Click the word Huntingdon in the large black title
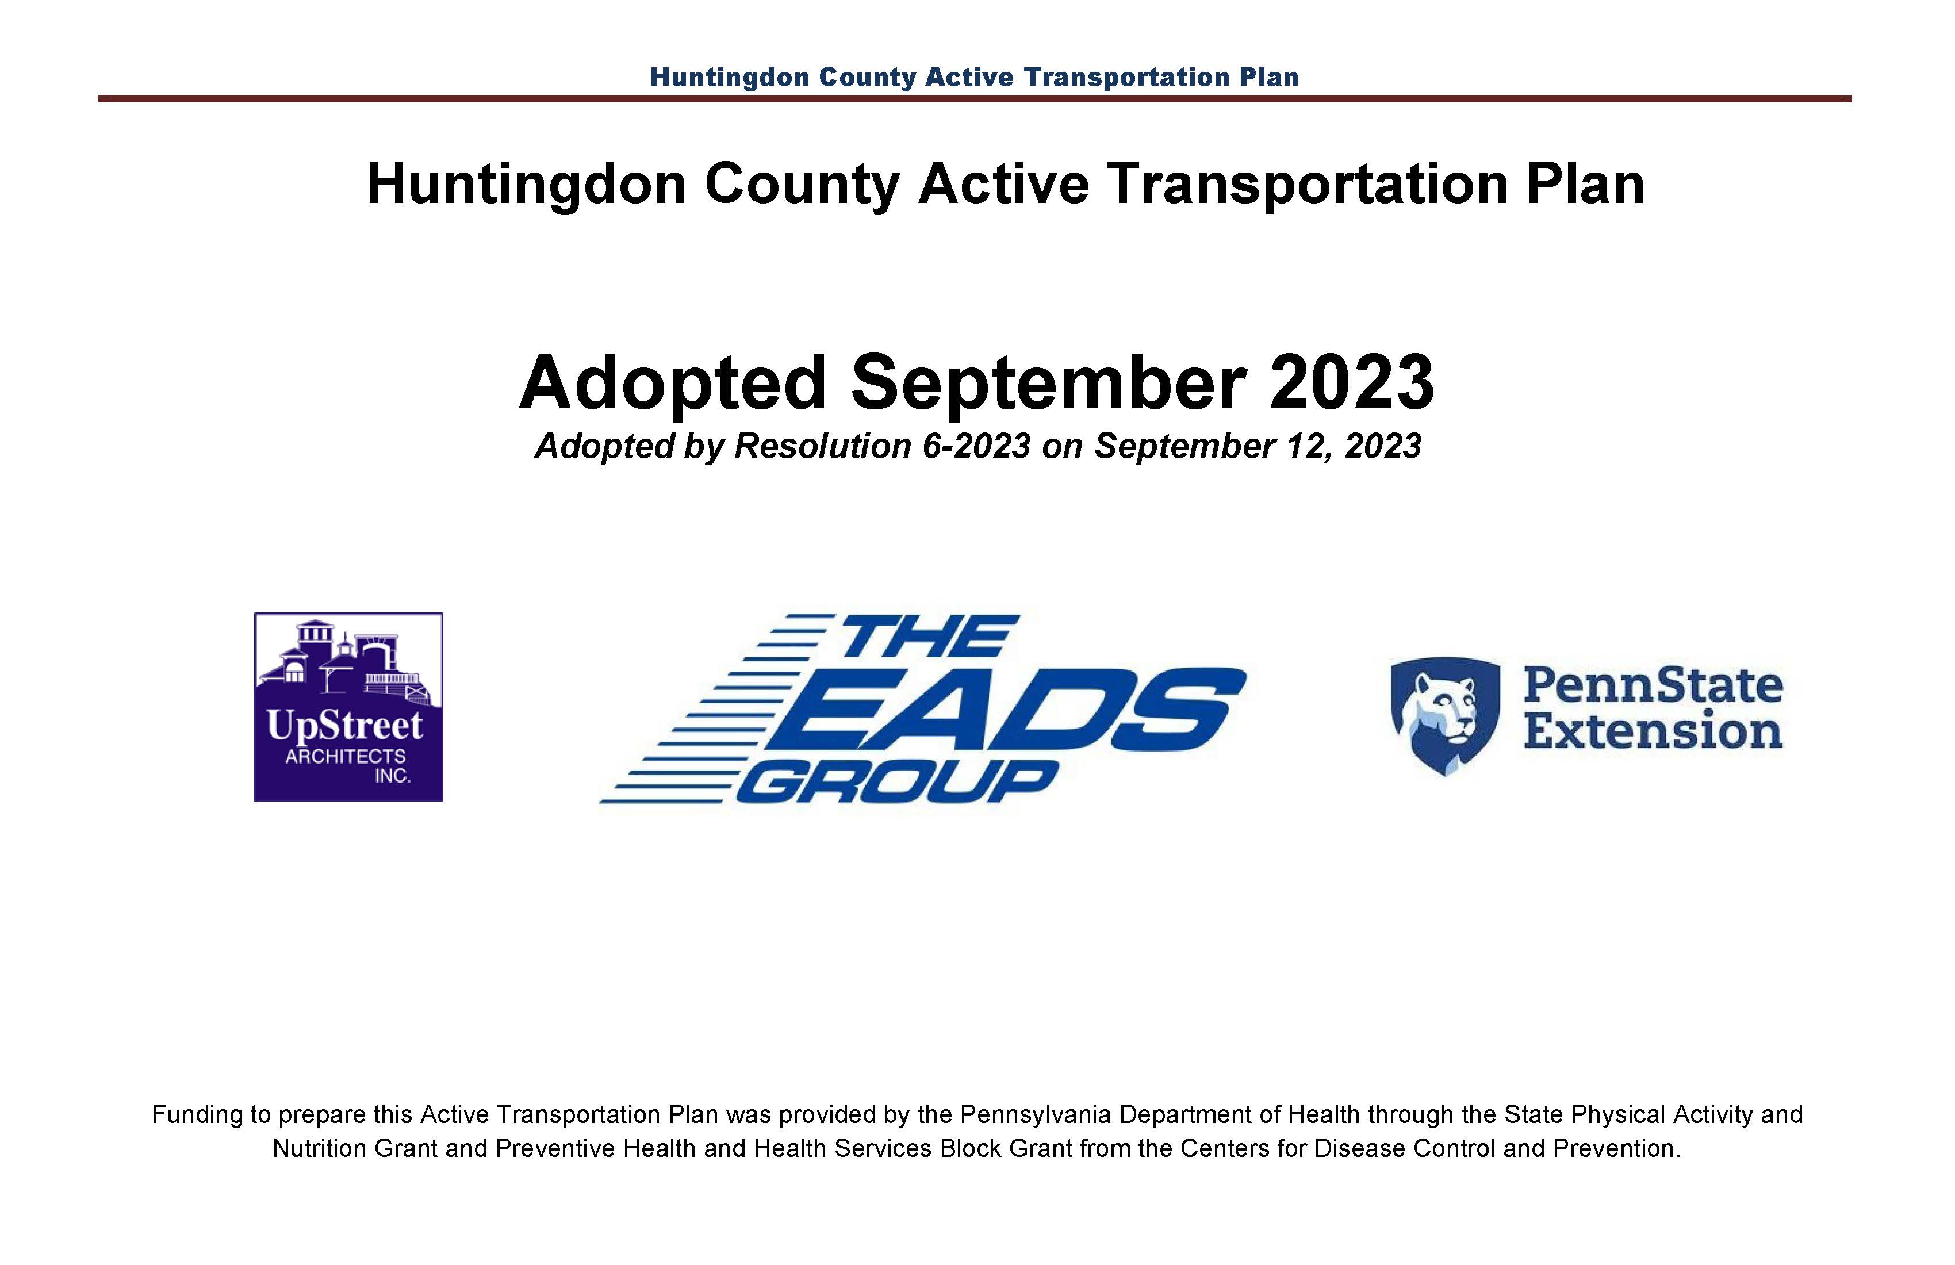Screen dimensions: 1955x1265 click(527, 185)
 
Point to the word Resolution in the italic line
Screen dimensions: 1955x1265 click(822, 446)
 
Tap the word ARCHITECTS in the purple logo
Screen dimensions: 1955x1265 click(345, 756)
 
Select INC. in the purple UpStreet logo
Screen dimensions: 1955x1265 click(393, 776)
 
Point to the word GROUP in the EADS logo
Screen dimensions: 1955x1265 click(897, 781)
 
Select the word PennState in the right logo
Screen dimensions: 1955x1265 click(1653, 684)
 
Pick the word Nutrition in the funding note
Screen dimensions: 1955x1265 click(320, 1148)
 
